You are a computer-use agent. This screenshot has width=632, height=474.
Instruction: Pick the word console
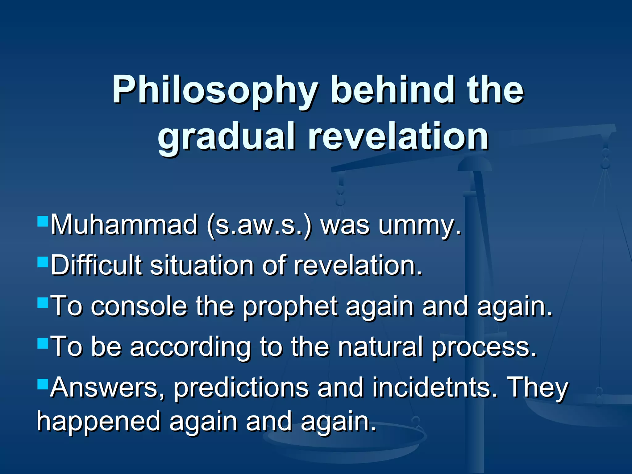tap(139, 306)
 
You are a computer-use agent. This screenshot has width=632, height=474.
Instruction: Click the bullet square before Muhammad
tap(43, 221)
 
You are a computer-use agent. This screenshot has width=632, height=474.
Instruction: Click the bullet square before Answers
tap(43, 385)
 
